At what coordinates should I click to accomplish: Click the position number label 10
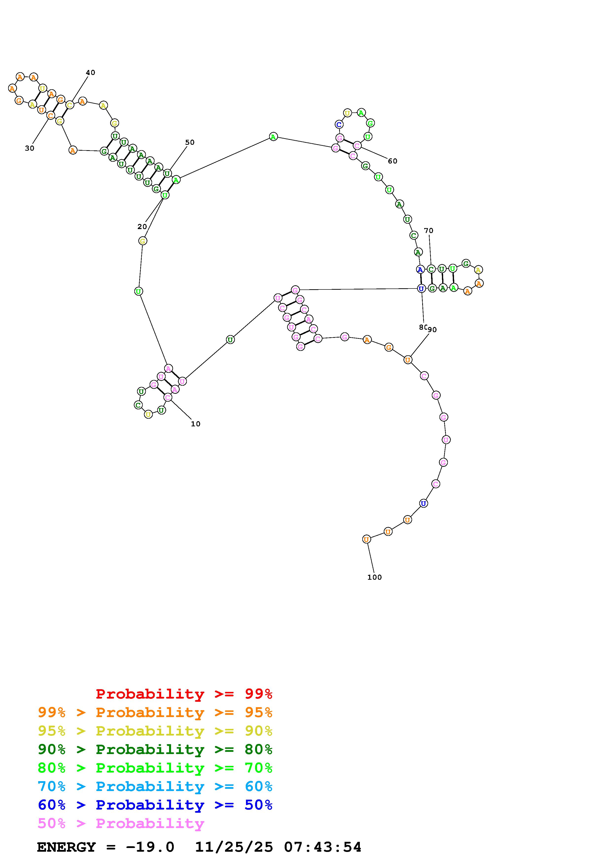click(x=195, y=424)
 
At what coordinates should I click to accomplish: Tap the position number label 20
click(x=142, y=226)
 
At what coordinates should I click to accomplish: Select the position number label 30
click(x=29, y=148)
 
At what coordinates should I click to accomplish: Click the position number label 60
click(x=392, y=161)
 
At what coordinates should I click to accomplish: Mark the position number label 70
click(x=428, y=231)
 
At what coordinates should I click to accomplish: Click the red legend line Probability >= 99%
click(x=184, y=694)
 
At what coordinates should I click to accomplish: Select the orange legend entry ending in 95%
click(x=155, y=712)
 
